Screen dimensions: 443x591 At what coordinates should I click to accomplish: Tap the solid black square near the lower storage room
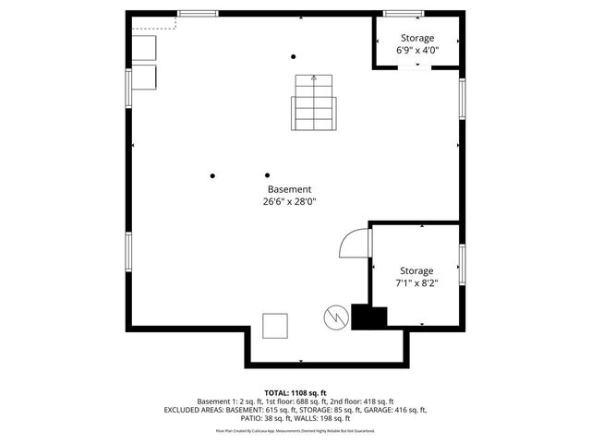(x=369, y=317)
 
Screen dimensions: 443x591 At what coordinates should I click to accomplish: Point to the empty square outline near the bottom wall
(x=275, y=326)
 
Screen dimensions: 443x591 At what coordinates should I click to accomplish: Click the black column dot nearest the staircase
(x=294, y=55)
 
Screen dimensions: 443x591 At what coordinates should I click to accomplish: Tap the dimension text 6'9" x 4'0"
(x=416, y=51)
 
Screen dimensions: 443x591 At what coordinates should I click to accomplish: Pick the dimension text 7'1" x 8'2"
(x=416, y=283)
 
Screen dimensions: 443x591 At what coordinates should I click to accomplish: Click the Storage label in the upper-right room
(x=416, y=38)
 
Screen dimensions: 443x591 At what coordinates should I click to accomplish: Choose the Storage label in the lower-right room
(x=416, y=270)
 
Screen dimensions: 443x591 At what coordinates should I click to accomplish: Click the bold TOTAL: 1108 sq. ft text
(x=295, y=392)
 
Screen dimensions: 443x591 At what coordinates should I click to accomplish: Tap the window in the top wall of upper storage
(x=404, y=13)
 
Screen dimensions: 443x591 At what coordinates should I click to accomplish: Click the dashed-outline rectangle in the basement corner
(x=145, y=26)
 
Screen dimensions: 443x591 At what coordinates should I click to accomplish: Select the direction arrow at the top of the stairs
(x=313, y=79)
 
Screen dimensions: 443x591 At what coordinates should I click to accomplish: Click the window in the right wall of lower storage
(x=461, y=262)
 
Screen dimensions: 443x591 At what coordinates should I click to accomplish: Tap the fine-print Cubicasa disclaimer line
(x=295, y=430)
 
